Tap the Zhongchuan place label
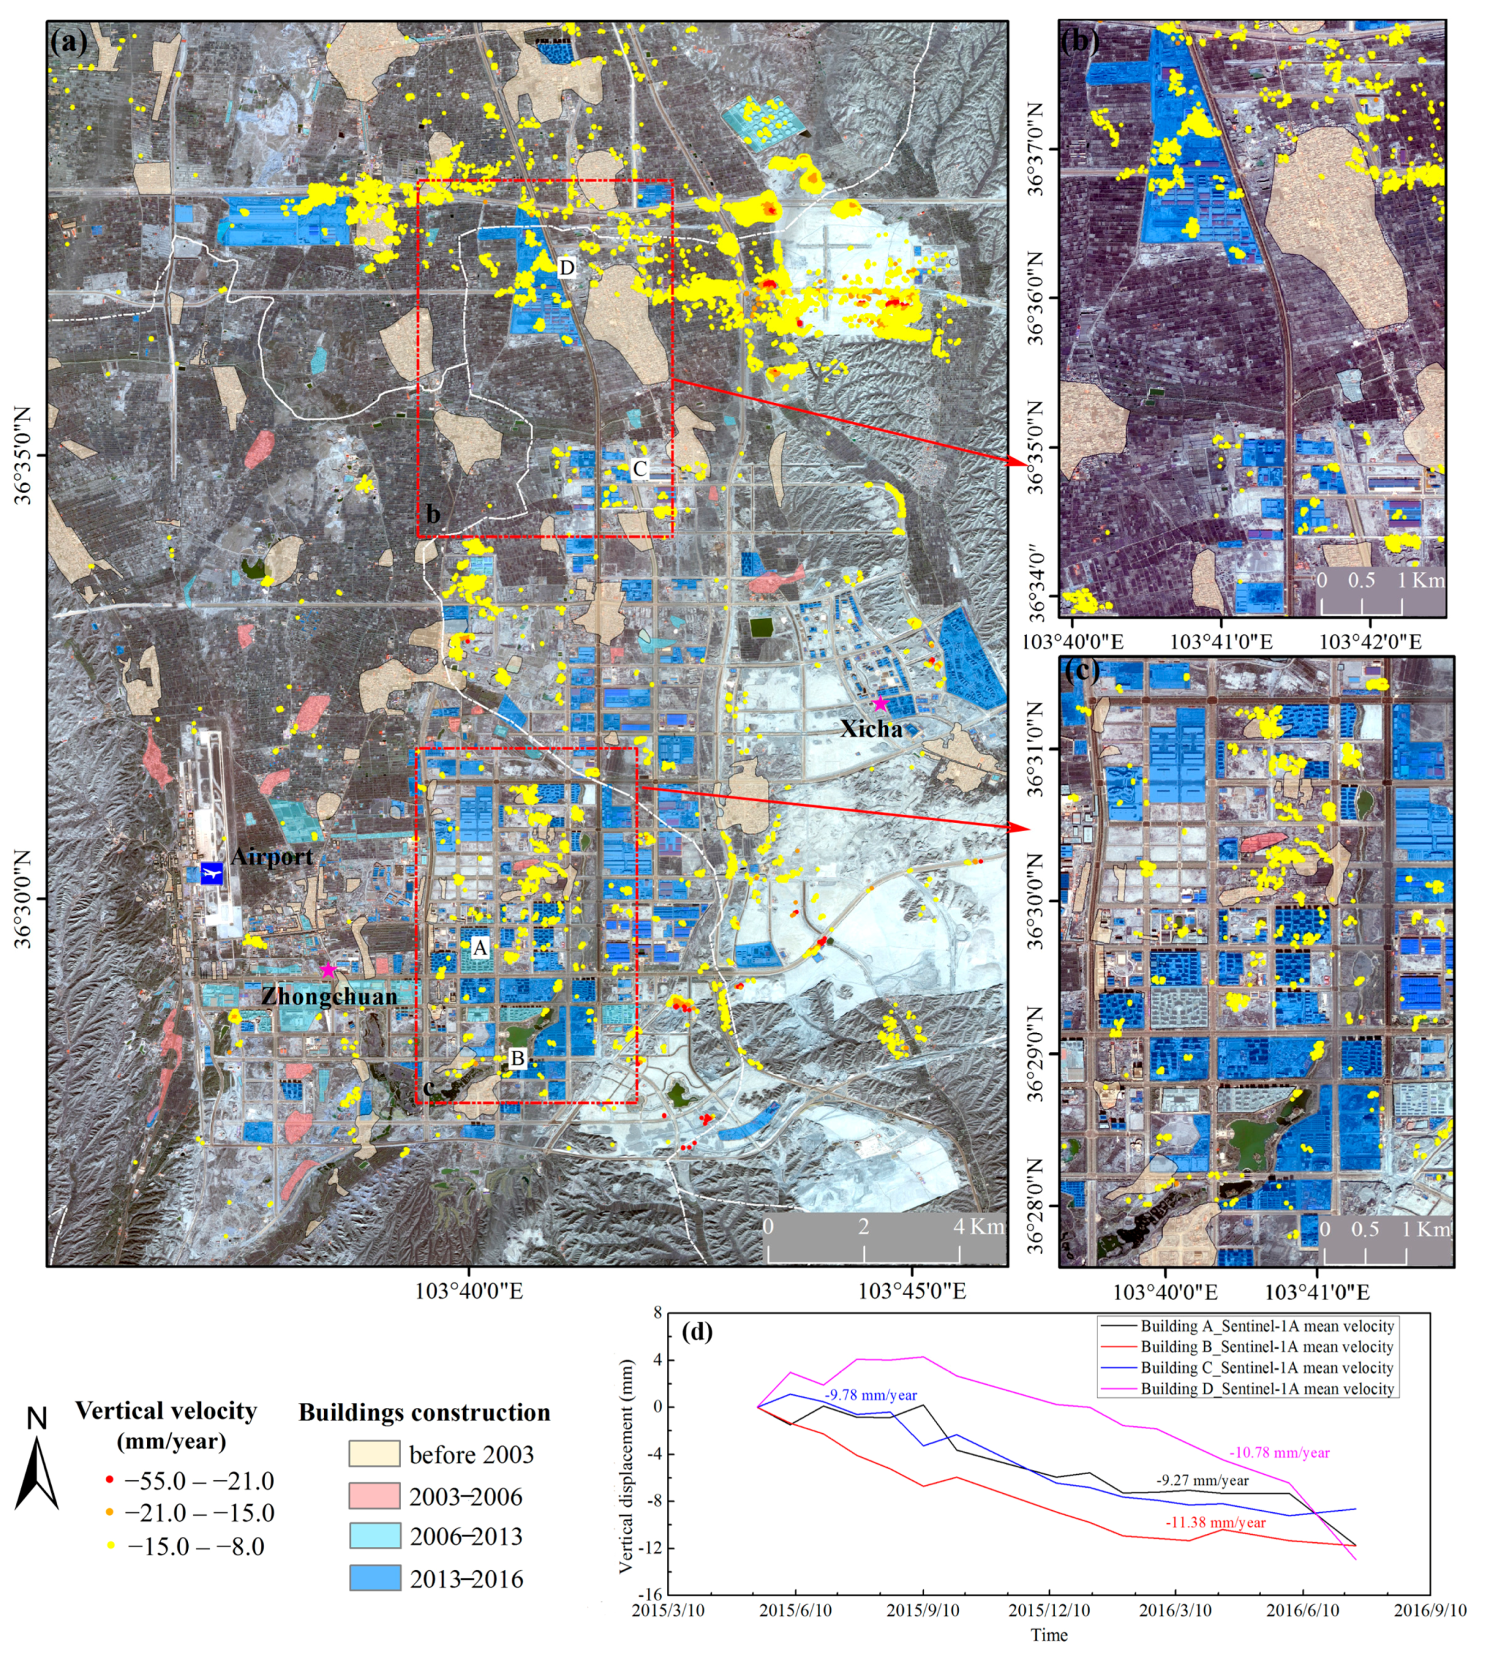pos(329,996)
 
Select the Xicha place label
pos(871,728)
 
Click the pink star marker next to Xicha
pos(880,704)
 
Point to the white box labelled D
pos(566,268)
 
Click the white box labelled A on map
pos(480,948)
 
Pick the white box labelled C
pos(639,468)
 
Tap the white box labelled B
pos(517,1058)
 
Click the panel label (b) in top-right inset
pos(1080,40)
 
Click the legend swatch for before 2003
pos(374,1454)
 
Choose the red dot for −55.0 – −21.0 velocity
pos(110,1481)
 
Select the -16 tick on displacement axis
pos(651,1593)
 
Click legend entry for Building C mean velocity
pos(1266,1367)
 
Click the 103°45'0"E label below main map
pos(911,1291)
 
